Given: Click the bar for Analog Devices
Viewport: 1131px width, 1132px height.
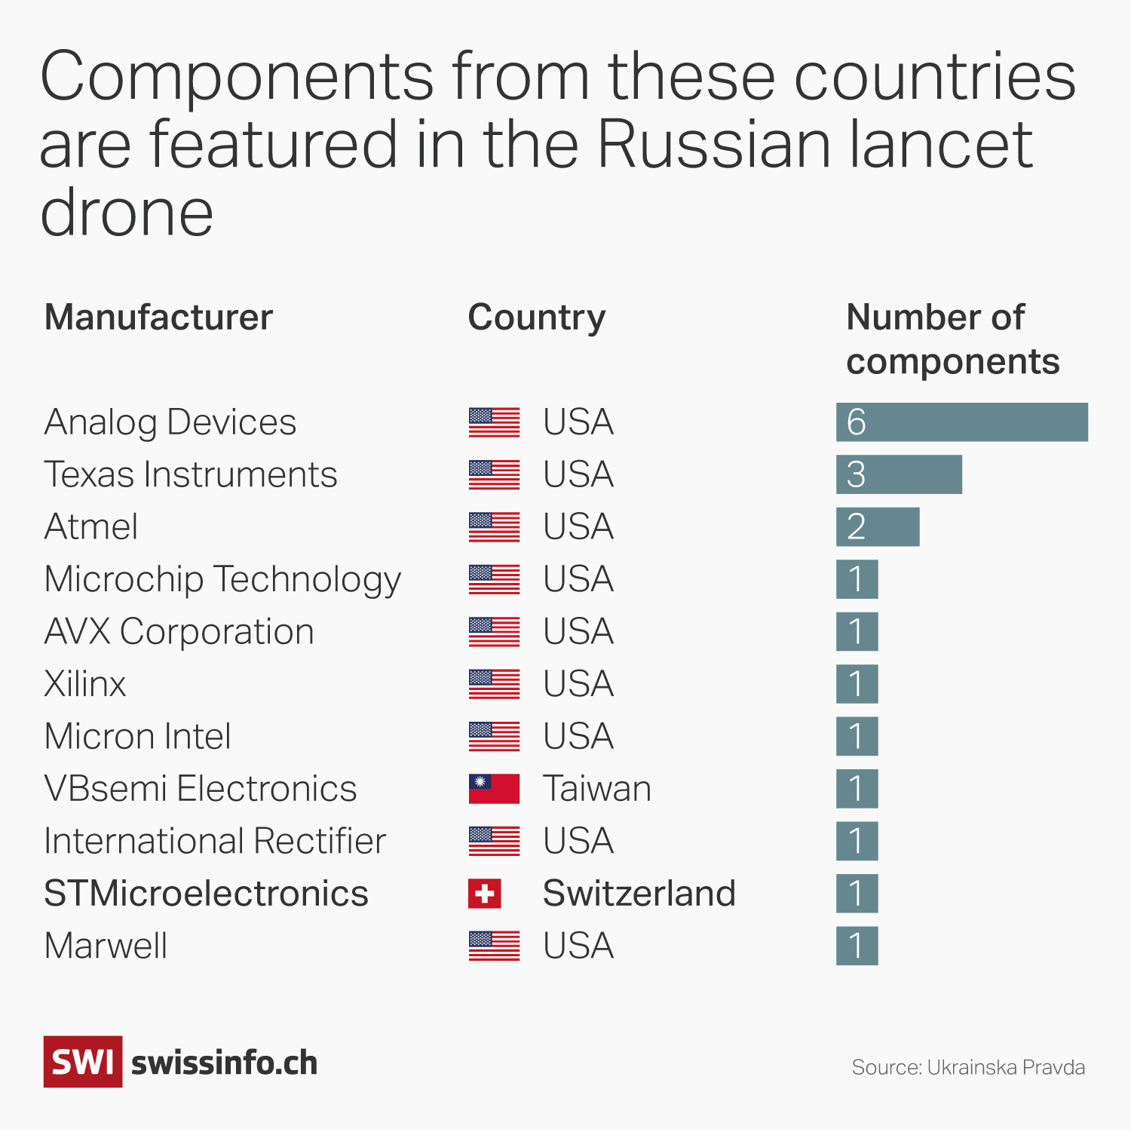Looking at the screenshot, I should point(961,422).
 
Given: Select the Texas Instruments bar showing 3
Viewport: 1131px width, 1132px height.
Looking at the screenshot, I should point(899,474).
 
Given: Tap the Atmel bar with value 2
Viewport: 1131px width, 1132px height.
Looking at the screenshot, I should point(878,526).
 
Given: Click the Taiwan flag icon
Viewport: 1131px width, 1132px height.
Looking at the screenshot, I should point(494,789).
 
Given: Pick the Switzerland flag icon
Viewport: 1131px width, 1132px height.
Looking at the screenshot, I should point(485,894).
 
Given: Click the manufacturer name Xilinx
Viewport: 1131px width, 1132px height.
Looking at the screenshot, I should point(85,684).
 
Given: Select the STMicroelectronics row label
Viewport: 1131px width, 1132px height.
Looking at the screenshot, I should point(206,894).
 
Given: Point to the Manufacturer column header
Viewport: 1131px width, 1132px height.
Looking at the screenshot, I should point(158,318).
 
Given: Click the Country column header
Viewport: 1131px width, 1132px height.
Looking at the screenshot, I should point(536,318).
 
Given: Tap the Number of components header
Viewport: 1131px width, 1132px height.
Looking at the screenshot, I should point(952,339).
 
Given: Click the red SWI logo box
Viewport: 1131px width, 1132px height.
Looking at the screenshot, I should point(82,1062).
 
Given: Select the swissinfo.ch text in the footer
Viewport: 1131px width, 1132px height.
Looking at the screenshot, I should point(225,1063).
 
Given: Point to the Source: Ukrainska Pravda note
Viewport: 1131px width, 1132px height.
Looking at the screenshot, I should point(968,1067).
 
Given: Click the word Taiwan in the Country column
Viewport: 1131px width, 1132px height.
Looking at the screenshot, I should point(596,789).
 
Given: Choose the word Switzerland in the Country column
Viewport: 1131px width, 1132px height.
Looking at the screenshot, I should point(639,894).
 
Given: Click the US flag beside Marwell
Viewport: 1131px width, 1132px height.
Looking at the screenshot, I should point(494,946).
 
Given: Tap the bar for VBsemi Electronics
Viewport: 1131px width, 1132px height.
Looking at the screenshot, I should point(857,789).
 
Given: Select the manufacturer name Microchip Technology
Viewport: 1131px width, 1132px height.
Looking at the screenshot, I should point(222,580).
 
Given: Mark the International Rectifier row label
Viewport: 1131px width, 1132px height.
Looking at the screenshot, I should point(215,841).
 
